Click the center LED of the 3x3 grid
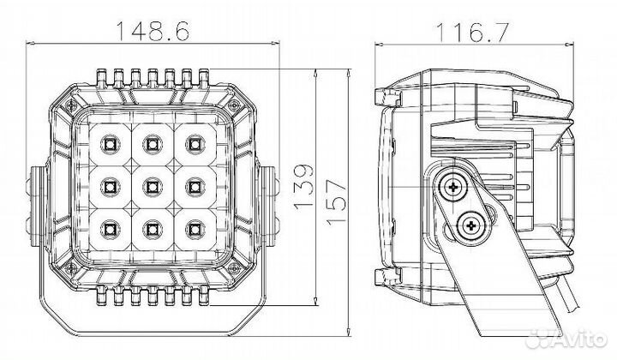tap(152, 183)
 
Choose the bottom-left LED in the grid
tap(110, 227)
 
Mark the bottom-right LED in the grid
tap(194, 227)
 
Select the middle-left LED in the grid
tap(110, 183)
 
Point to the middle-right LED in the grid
tap(194, 183)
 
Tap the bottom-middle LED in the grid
tap(152, 227)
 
